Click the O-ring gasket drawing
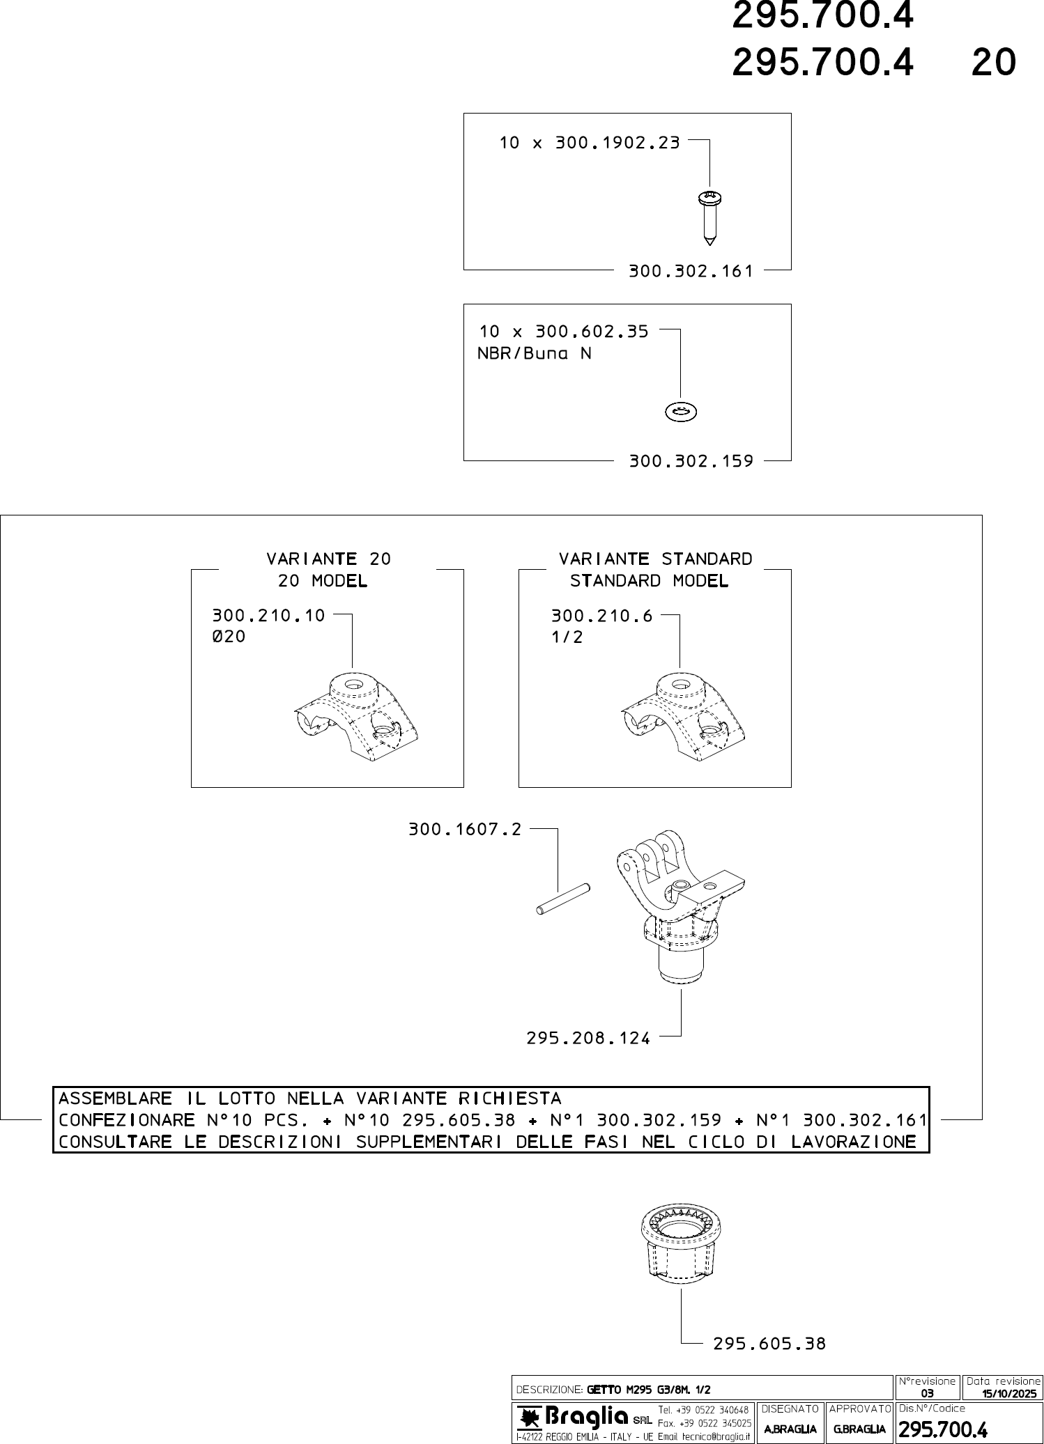(681, 412)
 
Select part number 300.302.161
(691, 271)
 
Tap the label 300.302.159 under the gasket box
(691, 461)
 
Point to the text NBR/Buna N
(534, 354)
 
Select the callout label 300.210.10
(268, 616)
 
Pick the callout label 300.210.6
(601, 616)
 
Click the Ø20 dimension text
(229, 637)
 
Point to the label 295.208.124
(588, 1039)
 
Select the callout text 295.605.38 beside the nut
(769, 1344)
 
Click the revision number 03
(927, 1394)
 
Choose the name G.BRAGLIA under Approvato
(859, 1429)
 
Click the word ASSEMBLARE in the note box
(115, 1098)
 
